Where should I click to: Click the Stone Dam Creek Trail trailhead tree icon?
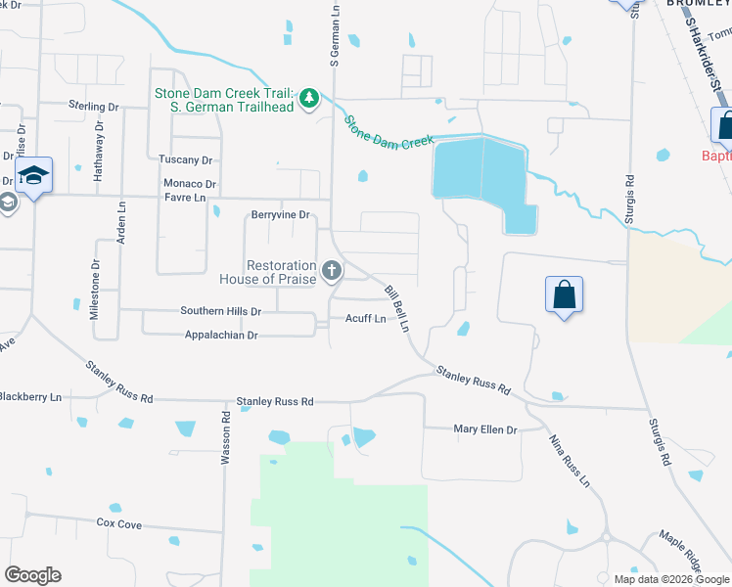click(309, 99)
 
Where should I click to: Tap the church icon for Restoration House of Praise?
click(333, 271)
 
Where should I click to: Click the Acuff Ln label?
click(365, 319)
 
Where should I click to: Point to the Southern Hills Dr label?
click(221, 311)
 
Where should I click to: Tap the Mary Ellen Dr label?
click(484, 429)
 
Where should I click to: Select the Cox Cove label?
click(119, 524)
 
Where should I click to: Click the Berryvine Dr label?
click(280, 214)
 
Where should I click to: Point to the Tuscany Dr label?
click(186, 159)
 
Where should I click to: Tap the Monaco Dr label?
click(190, 184)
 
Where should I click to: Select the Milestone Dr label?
click(95, 291)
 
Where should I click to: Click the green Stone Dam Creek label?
click(389, 131)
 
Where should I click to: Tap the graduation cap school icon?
click(33, 175)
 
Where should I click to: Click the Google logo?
click(32, 575)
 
